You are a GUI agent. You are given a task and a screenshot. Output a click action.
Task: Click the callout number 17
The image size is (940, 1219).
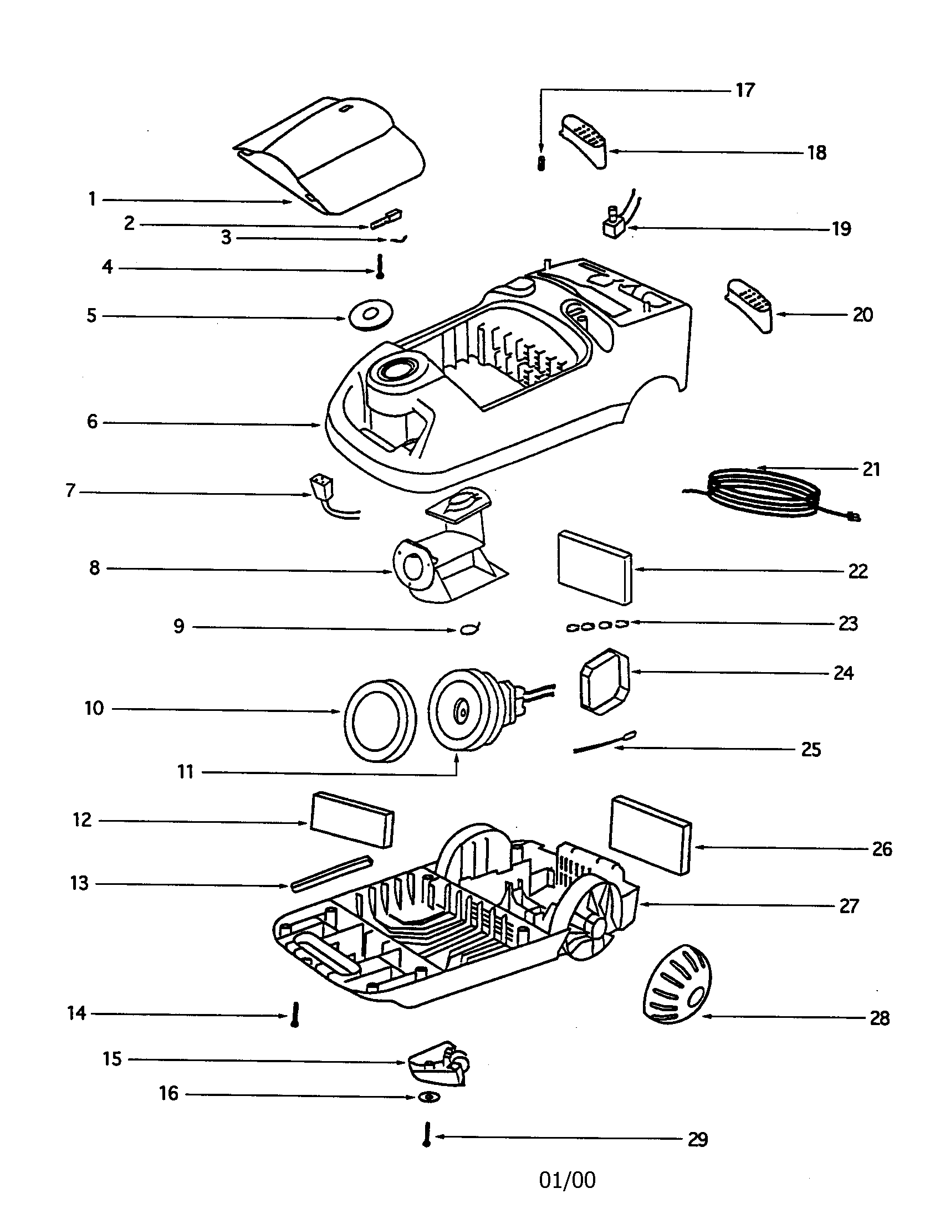(745, 90)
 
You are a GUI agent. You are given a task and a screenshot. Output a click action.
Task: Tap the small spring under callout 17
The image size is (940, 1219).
(540, 163)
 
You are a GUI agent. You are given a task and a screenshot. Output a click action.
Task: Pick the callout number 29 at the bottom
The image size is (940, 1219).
(698, 1139)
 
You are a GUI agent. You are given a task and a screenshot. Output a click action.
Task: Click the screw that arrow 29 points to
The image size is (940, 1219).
(427, 1134)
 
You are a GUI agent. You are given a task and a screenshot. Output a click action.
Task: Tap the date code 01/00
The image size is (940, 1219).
(567, 1180)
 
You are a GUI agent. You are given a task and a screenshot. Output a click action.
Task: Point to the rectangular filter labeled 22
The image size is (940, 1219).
(595, 566)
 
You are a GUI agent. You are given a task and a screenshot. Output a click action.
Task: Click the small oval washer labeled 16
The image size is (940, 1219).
(428, 1097)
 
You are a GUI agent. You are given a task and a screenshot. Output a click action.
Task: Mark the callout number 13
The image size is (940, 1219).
(79, 884)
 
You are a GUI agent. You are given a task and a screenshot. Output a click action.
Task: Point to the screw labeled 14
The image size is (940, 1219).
(295, 1014)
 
